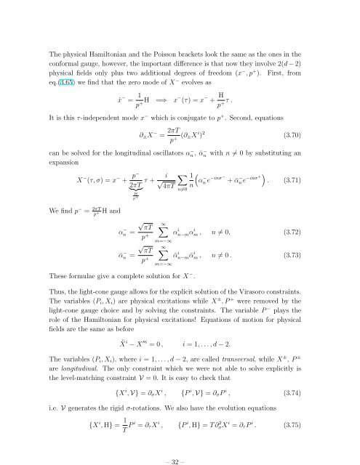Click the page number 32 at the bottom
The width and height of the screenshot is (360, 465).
click(x=180, y=442)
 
